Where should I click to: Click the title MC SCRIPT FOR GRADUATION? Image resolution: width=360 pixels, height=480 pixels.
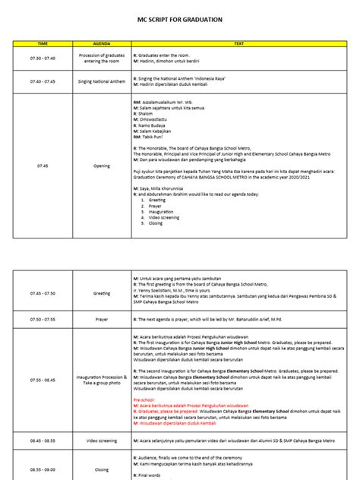point(180,21)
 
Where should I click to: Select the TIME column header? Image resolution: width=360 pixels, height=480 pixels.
point(43,44)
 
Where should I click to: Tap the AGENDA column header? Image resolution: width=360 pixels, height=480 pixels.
point(101,44)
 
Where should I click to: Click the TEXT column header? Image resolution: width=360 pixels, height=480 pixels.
point(238,44)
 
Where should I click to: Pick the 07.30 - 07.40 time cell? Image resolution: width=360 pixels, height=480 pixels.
point(43,57)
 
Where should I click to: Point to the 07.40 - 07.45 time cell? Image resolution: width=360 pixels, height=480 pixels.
point(43,80)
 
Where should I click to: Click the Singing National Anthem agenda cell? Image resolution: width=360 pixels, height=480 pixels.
point(101,80)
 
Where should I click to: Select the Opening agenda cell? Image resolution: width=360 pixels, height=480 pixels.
point(101,164)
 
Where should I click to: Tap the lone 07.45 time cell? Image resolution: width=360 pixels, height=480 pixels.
point(43,164)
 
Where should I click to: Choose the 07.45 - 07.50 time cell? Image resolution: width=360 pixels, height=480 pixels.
point(43,292)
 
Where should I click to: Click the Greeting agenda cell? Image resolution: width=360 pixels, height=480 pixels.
point(101,292)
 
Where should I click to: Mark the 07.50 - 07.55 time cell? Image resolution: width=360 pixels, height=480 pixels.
point(43,320)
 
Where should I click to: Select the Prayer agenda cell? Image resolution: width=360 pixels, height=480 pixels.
point(101,320)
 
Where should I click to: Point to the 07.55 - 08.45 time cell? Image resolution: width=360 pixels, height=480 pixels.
point(43,380)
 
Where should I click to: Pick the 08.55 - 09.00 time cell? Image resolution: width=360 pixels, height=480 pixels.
point(43,469)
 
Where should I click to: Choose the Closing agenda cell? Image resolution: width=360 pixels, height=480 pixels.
point(101,469)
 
